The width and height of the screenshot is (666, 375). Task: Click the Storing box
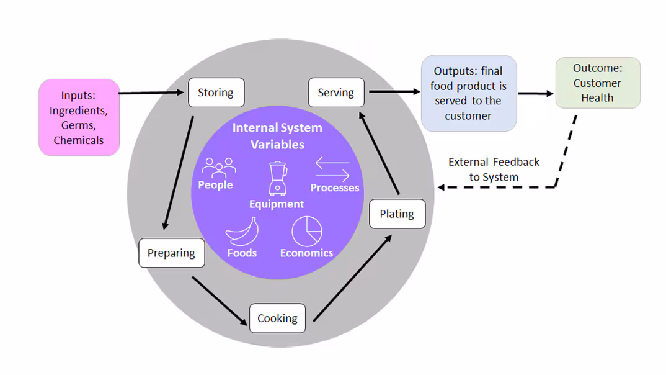(216, 93)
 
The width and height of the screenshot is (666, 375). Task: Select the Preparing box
(171, 253)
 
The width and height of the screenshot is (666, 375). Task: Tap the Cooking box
(277, 318)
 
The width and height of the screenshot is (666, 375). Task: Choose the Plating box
(397, 214)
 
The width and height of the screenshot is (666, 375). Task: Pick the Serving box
(336, 93)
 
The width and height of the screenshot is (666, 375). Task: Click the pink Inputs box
(79, 117)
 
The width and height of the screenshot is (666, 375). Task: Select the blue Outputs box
(468, 93)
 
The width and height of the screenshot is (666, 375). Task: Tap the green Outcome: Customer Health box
(597, 83)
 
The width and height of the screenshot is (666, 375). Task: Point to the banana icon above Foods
(242, 232)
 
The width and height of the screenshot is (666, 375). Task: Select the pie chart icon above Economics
(307, 231)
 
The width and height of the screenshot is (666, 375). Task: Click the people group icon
(219, 168)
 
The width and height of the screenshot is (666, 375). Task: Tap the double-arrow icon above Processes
(333, 169)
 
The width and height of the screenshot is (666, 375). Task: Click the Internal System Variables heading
(277, 136)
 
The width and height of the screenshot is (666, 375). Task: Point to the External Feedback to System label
(494, 169)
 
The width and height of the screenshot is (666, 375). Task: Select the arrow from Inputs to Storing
(153, 93)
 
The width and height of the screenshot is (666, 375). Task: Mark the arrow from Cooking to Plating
(352, 278)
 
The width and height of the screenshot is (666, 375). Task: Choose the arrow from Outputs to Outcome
(536, 94)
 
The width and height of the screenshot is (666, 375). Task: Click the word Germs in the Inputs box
(78, 125)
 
